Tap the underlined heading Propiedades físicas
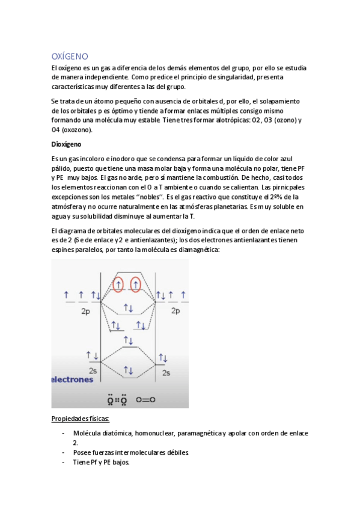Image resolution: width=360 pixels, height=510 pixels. [81, 419]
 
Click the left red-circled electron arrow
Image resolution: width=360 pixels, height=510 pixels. [119, 283]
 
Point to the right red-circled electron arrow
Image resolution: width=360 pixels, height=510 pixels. [136, 283]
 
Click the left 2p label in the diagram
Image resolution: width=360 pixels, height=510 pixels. [87, 312]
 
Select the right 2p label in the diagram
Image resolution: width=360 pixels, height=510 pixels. [175, 311]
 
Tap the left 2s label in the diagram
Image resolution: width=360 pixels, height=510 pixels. [93, 371]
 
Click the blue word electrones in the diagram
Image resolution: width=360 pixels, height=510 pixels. [72, 380]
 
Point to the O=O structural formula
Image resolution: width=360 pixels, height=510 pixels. [145, 399]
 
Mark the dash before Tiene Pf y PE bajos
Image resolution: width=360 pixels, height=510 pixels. [64, 462]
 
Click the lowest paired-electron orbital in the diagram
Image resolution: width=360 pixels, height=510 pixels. [128, 370]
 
